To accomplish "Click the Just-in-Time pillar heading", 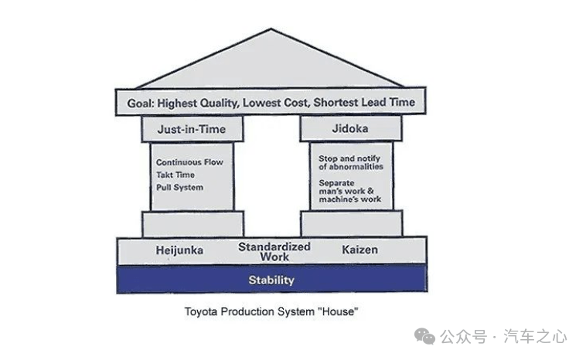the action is [x=192, y=129].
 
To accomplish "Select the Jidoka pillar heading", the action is [x=350, y=128].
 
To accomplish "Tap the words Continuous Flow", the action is [x=189, y=162].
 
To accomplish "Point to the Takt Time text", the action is [x=175, y=175].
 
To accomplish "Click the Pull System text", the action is [x=180, y=187].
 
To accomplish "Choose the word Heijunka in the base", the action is [x=179, y=250].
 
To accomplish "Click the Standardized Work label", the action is [x=274, y=252].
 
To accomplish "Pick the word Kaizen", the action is [x=359, y=250].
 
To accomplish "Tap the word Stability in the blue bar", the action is [x=271, y=280].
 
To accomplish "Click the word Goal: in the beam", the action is [x=141, y=103].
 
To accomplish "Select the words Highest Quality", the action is [x=198, y=103].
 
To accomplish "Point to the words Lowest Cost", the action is [x=276, y=102].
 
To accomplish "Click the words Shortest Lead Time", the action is [x=364, y=102].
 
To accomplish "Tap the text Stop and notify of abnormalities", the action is [x=351, y=162].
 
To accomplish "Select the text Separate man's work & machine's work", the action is [x=350, y=192].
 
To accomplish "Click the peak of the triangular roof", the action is [x=271, y=29].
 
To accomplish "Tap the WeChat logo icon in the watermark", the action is [x=424, y=337].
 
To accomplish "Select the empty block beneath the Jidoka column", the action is [x=352, y=223].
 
